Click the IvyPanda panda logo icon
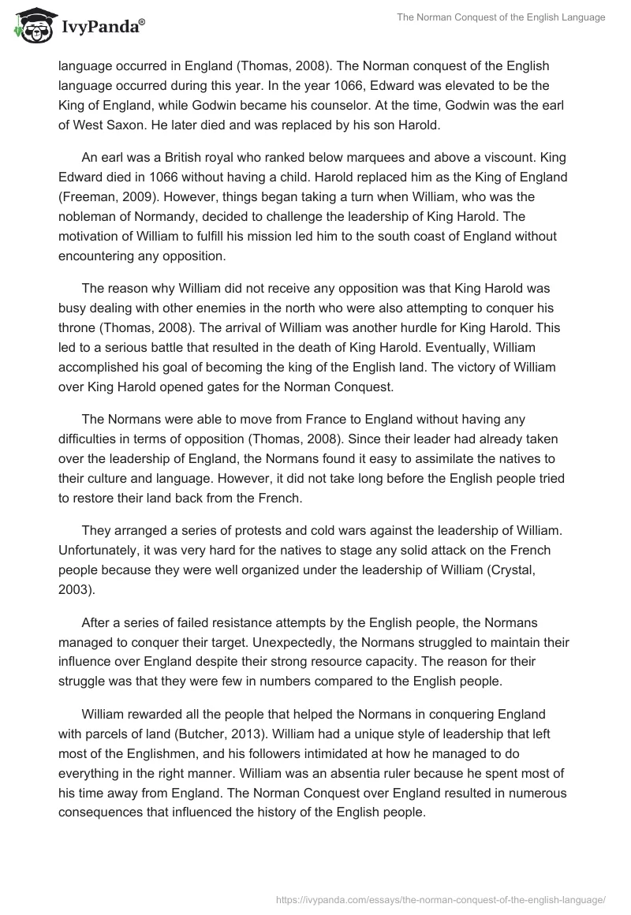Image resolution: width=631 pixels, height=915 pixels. click(30, 26)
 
